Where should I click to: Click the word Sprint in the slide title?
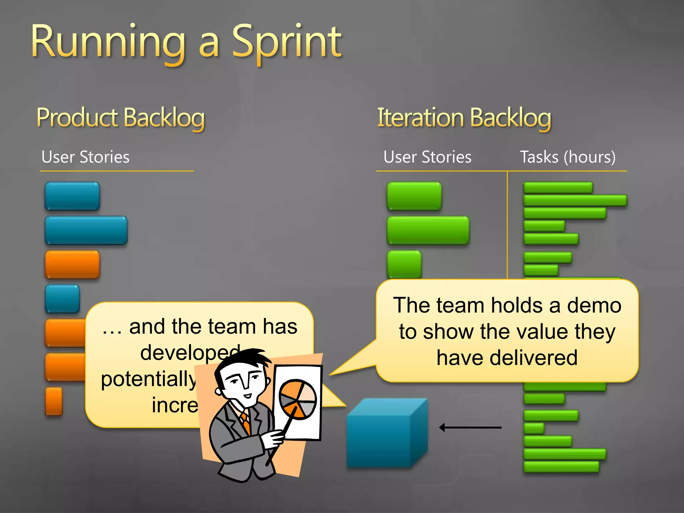(x=287, y=43)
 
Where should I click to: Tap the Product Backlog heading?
(x=121, y=118)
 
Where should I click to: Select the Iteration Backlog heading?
(x=464, y=118)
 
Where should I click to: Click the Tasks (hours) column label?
(x=568, y=157)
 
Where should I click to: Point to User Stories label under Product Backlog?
(x=85, y=157)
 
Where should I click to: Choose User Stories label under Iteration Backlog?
(x=427, y=157)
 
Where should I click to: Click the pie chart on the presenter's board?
(x=297, y=399)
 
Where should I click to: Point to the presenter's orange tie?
(x=246, y=423)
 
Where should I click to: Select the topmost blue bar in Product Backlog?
(x=72, y=196)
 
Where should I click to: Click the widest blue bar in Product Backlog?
(x=86, y=230)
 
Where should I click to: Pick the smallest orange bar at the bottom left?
(x=54, y=401)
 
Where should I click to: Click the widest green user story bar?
(x=428, y=230)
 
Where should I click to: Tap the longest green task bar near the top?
(x=575, y=200)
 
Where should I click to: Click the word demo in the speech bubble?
(x=594, y=305)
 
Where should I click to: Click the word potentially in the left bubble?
(x=148, y=379)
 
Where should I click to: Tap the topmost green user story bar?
(x=414, y=196)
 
